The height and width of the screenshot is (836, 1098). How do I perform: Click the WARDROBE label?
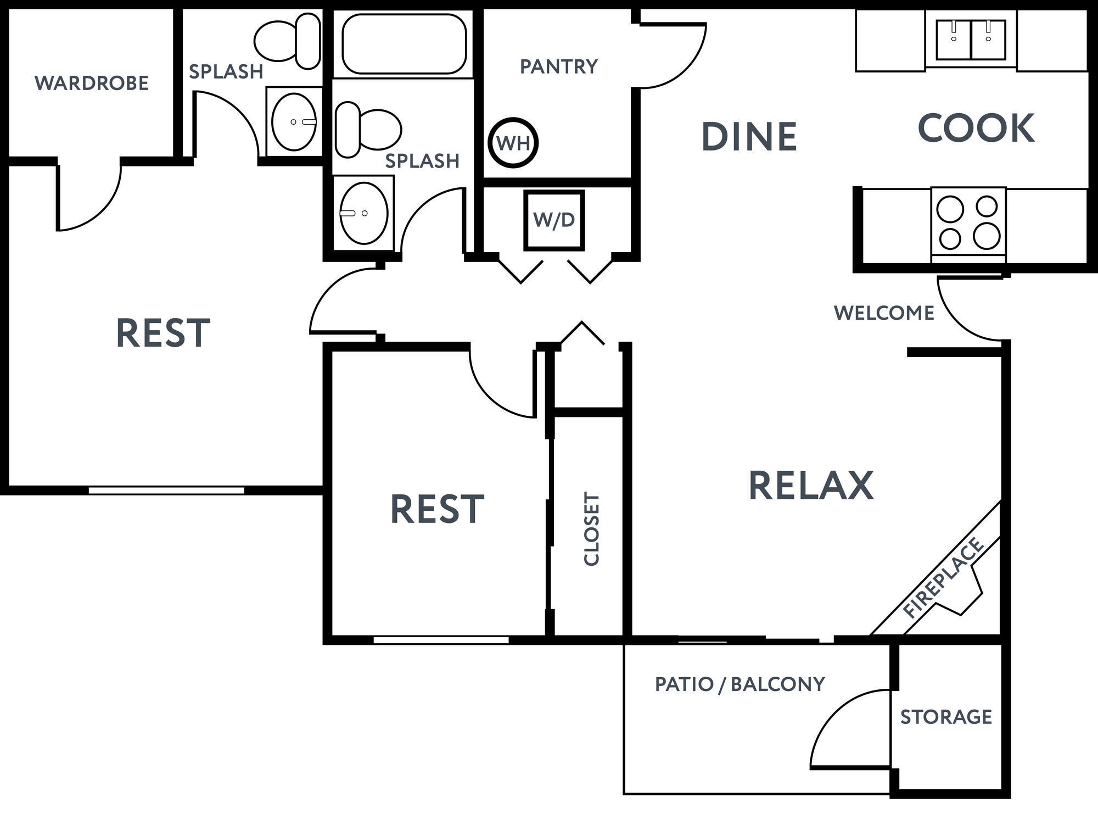(x=92, y=83)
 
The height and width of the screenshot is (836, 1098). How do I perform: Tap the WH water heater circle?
(x=513, y=143)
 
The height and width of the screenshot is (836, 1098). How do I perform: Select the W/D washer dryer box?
(x=553, y=220)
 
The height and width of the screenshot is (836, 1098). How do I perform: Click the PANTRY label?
(x=558, y=66)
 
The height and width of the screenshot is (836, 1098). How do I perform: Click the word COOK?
(x=976, y=129)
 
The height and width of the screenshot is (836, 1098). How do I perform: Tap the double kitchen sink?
(x=971, y=40)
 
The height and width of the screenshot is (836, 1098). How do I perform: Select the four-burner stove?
(x=968, y=222)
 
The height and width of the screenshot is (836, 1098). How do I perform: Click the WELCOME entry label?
(x=883, y=313)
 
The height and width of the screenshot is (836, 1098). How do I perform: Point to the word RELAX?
(x=811, y=486)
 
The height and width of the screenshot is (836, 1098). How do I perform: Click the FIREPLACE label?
(x=943, y=578)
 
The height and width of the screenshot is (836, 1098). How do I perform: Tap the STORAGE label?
(x=946, y=717)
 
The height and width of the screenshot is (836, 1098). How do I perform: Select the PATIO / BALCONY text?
(x=740, y=684)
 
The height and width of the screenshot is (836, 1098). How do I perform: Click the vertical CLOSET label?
(x=591, y=528)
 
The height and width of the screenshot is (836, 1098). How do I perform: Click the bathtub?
(x=404, y=43)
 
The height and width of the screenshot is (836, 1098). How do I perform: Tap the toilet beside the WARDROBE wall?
(x=288, y=41)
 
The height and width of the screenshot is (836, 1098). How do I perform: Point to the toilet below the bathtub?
(x=367, y=130)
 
